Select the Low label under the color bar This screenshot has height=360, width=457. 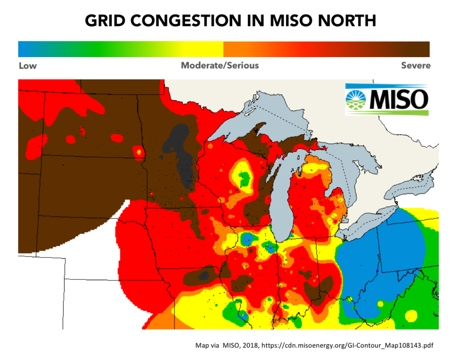pyautogui.click(x=28, y=66)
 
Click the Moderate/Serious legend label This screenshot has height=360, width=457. pyautogui.click(x=220, y=66)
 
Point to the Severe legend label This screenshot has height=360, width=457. pyautogui.click(x=415, y=66)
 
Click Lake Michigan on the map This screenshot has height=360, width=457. pyautogui.click(x=282, y=197)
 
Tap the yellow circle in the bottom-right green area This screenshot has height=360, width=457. pyautogui.click(x=411, y=315)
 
